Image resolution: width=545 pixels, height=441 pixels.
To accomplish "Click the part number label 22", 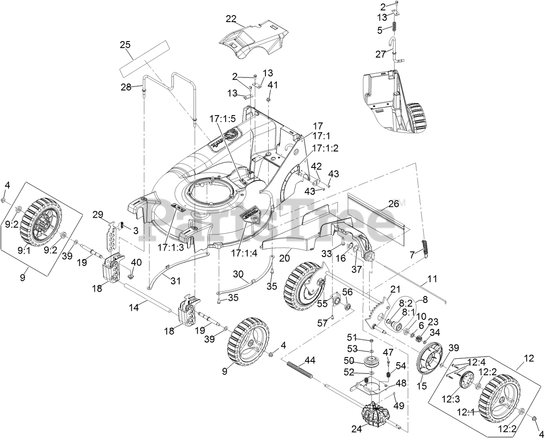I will tap(231, 18).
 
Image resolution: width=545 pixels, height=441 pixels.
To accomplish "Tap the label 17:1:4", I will tap(243, 254).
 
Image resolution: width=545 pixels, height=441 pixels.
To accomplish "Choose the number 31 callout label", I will tap(175, 281).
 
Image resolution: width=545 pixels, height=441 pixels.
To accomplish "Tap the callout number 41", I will tap(272, 85).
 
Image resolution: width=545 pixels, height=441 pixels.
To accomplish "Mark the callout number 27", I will tap(380, 54).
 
